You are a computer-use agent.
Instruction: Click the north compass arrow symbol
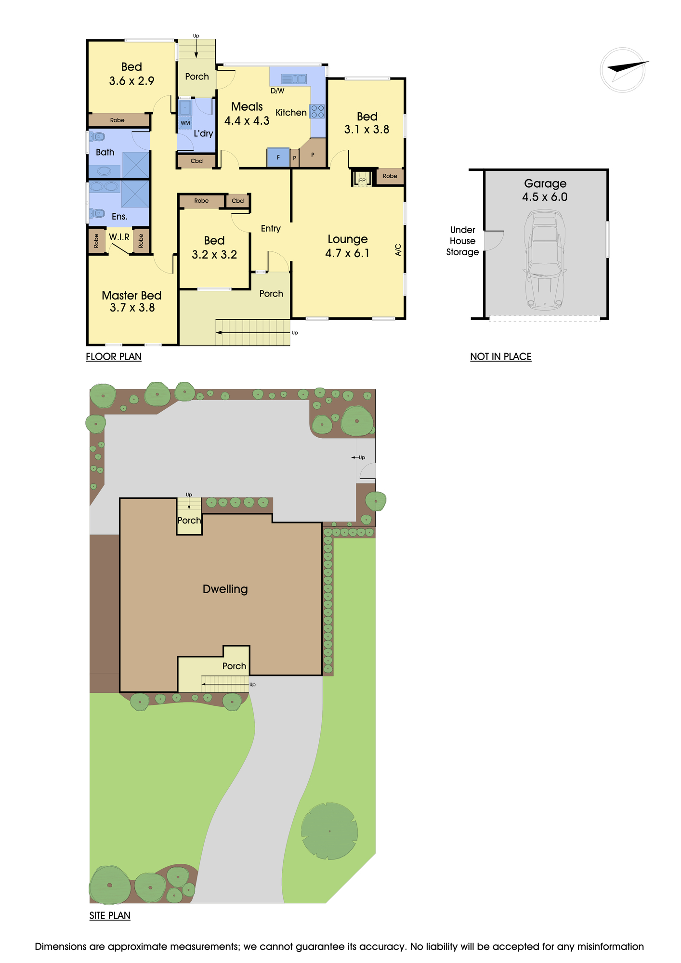(623, 69)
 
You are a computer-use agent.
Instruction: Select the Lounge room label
(348, 239)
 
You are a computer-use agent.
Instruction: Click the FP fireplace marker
(362, 181)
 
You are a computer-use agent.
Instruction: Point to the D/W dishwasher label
(277, 91)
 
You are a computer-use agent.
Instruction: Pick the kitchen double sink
(294, 78)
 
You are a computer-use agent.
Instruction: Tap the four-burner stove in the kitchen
(317, 111)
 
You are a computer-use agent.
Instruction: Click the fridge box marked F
(278, 157)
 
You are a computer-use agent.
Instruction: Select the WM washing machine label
(185, 123)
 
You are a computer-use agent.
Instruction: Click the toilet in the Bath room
(97, 137)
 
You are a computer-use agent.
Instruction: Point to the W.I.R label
(119, 237)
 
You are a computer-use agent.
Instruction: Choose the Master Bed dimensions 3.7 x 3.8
(132, 308)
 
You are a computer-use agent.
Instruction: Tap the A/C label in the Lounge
(398, 249)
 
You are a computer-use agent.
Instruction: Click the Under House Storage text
(462, 241)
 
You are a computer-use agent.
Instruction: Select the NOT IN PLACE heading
(501, 357)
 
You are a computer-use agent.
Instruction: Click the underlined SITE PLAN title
(110, 915)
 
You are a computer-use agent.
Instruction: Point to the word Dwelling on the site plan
(225, 589)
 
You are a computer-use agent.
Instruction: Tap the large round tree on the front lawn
(329, 831)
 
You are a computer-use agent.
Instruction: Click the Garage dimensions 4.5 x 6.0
(545, 197)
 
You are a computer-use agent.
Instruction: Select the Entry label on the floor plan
(271, 229)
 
